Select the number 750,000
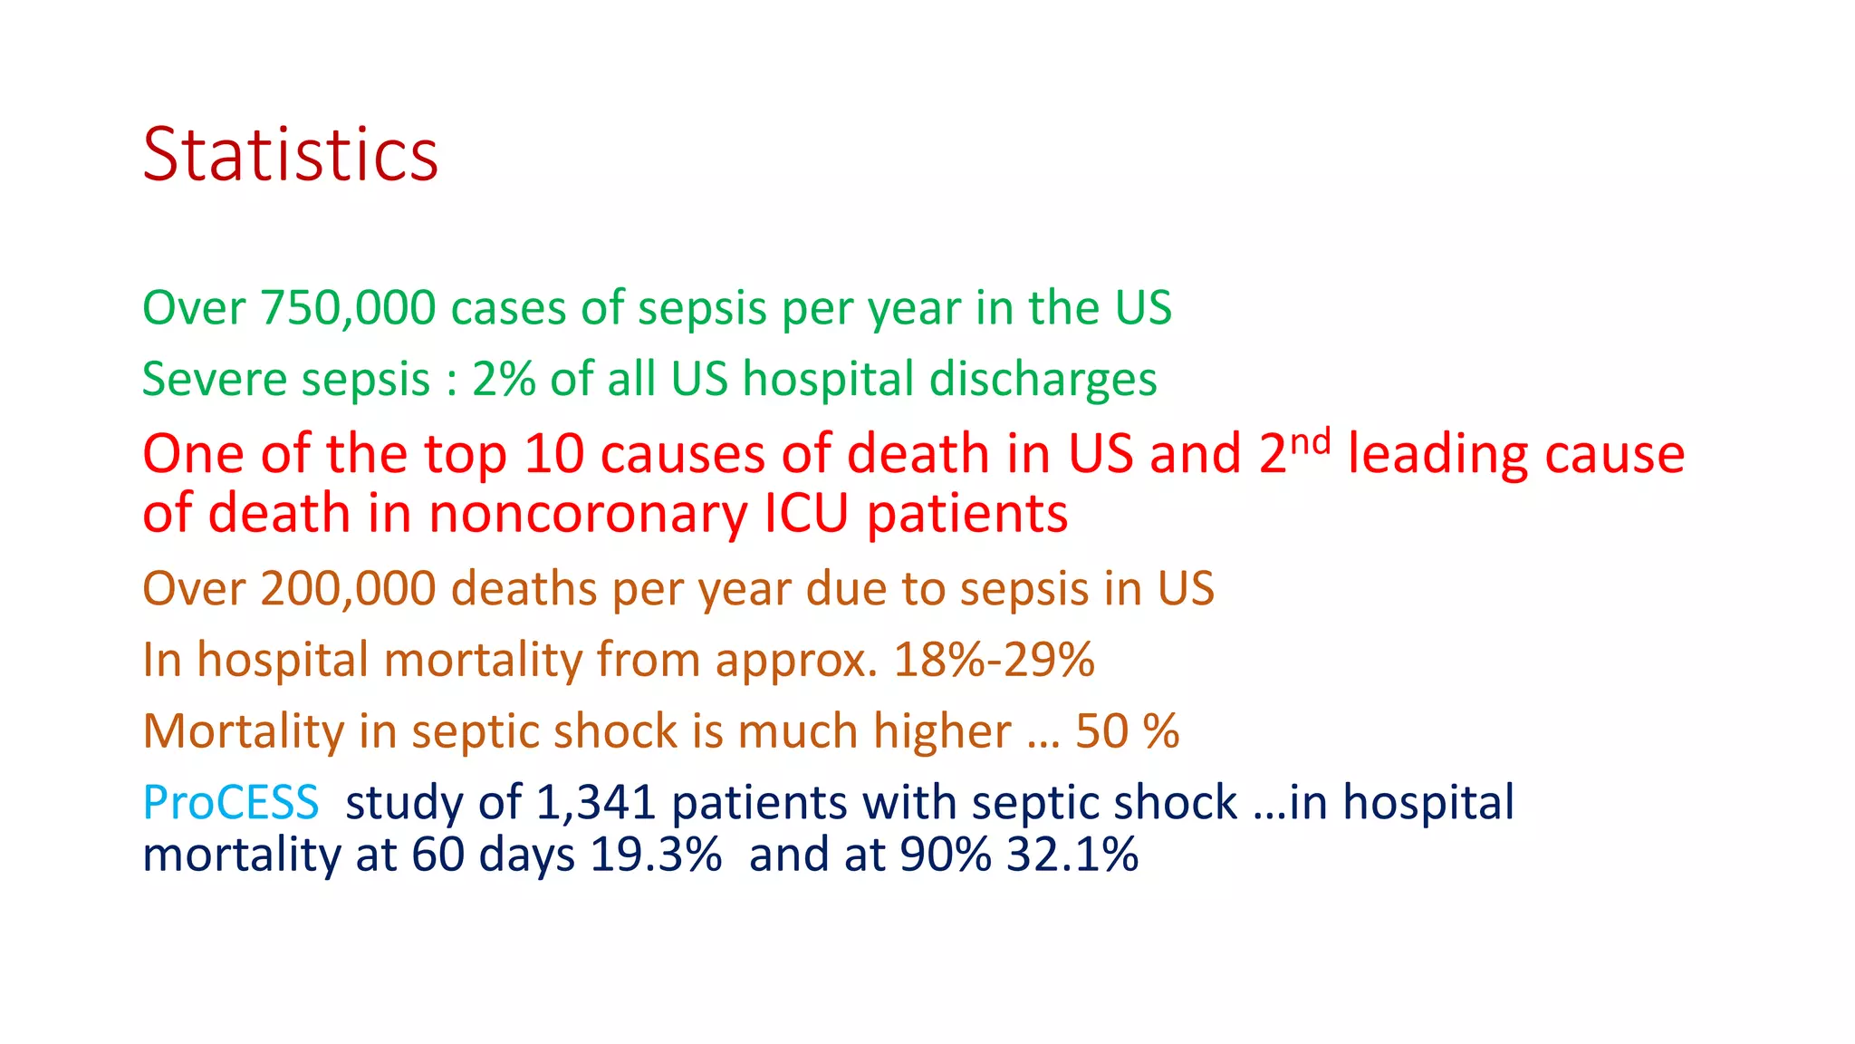[348, 308]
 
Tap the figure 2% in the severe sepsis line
[504, 379]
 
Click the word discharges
[1043, 379]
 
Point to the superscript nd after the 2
[1311, 442]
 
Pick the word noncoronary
[589, 514]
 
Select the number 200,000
[348, 589]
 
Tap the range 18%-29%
[994, 660]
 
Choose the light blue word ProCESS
[231, 803]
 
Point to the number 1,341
[595, 803]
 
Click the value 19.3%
[656, 855]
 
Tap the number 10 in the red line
[554, 454]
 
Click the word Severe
[214, 379]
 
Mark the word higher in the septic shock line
[942, 731]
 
